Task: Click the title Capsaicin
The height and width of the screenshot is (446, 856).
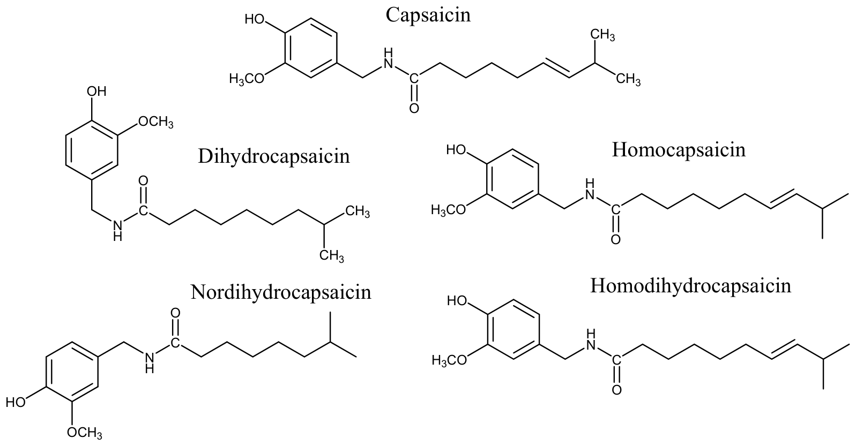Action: click(x=428, y=16)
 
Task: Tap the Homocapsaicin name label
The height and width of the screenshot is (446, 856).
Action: click(x=679, y=150)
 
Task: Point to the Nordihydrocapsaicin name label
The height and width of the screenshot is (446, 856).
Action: click(x=281, y=292)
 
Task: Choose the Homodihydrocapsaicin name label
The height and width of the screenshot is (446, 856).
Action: click(x=690, y=286)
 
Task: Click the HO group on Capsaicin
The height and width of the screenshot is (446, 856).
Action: click(x=255, y=19)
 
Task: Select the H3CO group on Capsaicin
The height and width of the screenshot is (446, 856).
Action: click(x=247, y=79)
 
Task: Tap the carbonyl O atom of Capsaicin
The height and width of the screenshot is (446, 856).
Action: click(x=414, y=109)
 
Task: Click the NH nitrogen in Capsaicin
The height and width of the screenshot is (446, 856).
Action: click(x=389, y=63)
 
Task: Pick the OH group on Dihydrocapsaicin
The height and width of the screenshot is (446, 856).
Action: click(x=96, y=91)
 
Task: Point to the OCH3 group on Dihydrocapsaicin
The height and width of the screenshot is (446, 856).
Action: click(x=155, y=122)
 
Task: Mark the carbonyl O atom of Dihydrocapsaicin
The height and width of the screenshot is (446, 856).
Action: click(x=143, y=181)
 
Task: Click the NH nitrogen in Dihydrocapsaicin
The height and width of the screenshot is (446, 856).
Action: click(x=118, y=225)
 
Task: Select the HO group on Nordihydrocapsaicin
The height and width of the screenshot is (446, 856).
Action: click(x=16, y=402)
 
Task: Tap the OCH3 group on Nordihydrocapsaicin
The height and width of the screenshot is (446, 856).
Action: click(x=85, y=432)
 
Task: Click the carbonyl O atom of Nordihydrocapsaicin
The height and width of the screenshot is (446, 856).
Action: click(x=175, y=313)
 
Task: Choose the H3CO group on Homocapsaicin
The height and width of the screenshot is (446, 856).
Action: click(x=449, y=210)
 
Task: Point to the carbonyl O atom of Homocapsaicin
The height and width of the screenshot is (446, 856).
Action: click(x=616, y=239)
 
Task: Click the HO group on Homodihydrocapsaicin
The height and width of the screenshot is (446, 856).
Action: click(x=457, y=301)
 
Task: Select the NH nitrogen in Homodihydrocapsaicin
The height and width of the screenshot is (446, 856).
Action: click(x=591, y=345)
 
